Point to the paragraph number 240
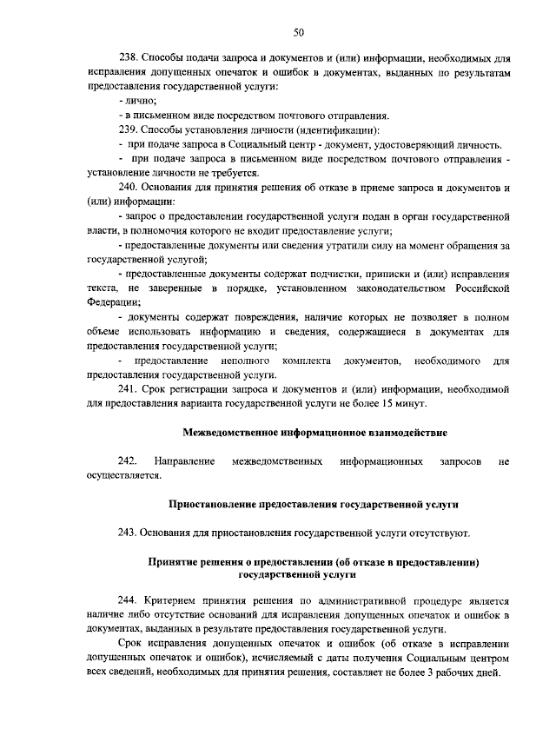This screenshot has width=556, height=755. tap(129, 187)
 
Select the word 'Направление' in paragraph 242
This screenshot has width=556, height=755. tap(183, 460)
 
